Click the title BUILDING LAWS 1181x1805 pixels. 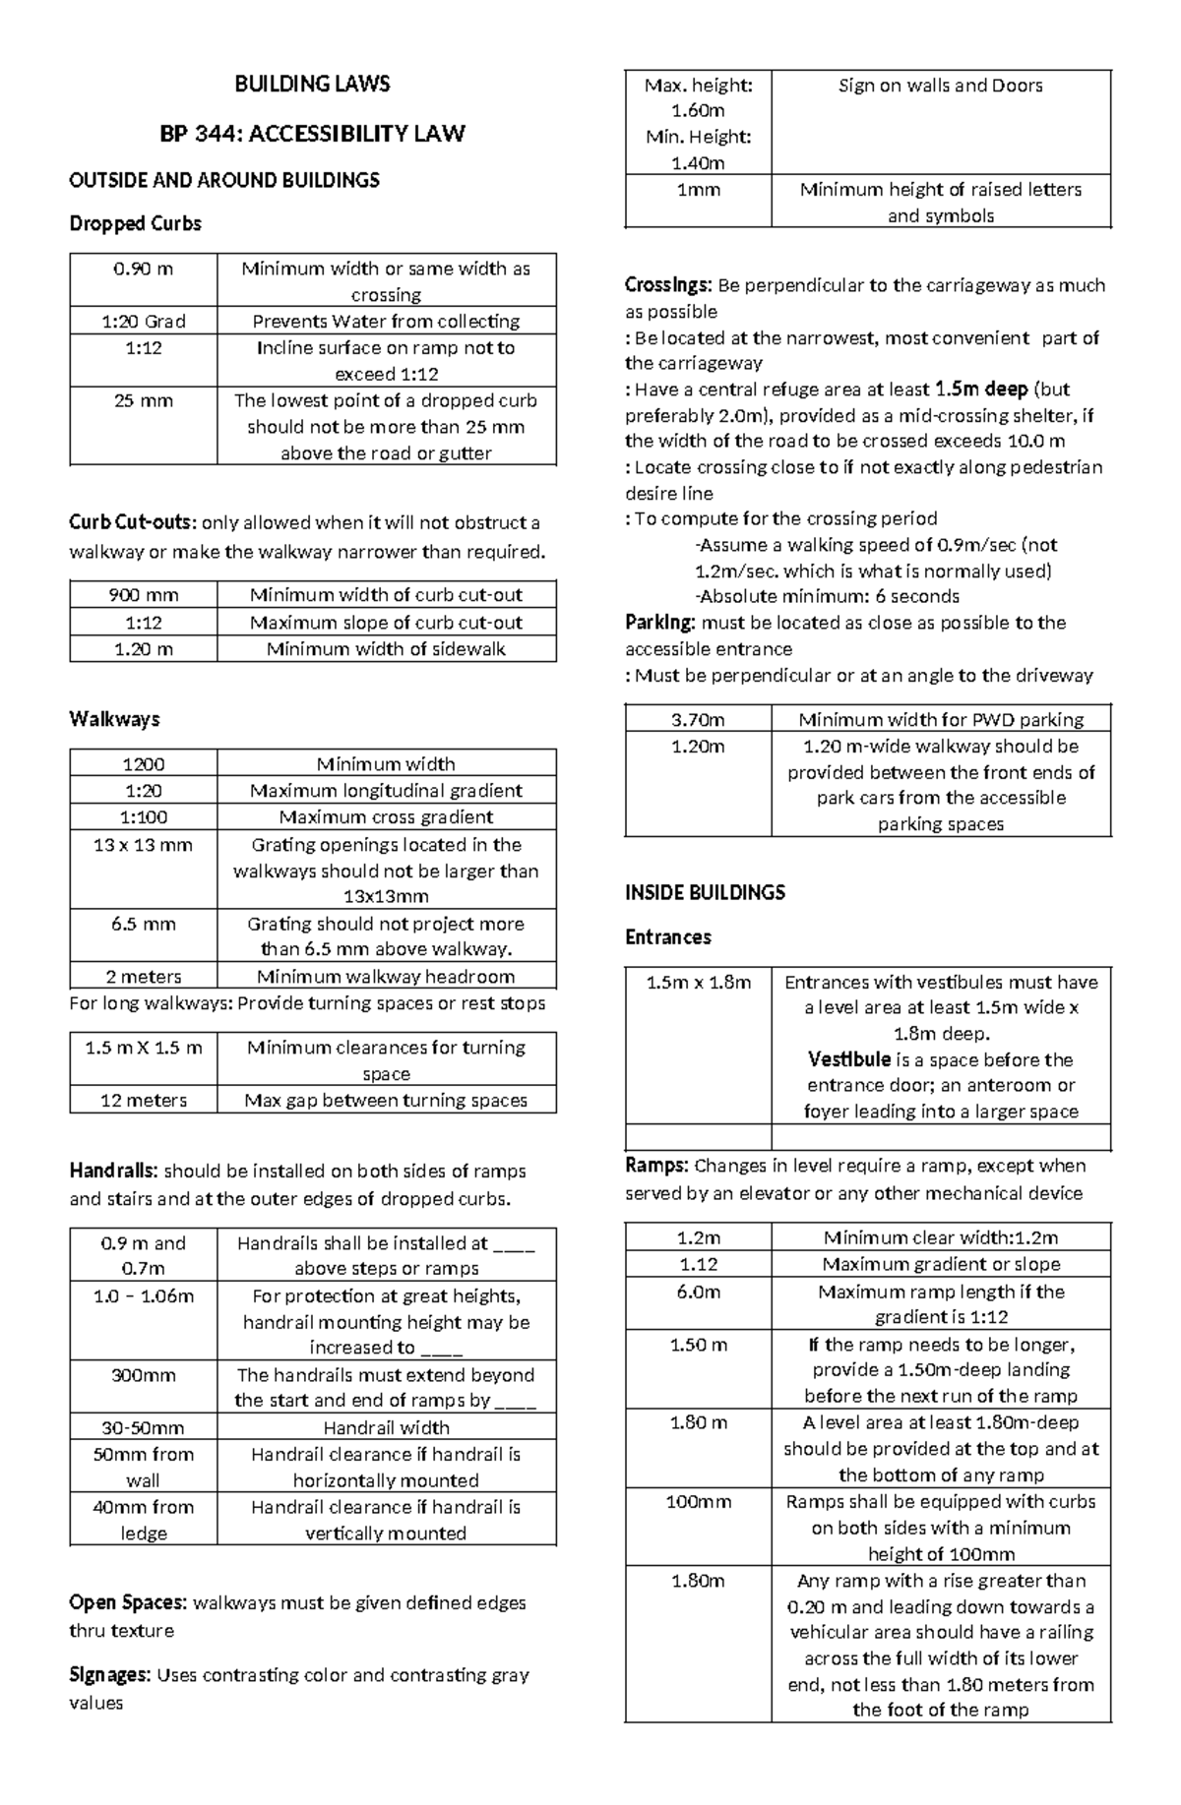(312, 84)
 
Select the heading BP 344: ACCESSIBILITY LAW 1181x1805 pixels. (312, 133)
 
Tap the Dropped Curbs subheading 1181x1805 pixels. (135, 223)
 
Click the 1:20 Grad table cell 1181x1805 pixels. (144, 321)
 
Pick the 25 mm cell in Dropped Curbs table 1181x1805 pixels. (144, 400)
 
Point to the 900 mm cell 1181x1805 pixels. (144, 594)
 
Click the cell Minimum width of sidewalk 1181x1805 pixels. (386, 648)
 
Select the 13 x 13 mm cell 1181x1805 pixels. (144, 844)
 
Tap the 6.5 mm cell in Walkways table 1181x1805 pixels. (144, 923)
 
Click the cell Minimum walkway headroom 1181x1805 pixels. (386, 976)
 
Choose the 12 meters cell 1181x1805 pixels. (144, 1100)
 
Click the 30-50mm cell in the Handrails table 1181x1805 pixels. (144, 1427)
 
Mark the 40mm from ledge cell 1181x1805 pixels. (144, 1519)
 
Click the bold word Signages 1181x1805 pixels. (109, 1674)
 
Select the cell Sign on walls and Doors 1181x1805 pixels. (940, 86)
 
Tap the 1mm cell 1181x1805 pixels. (698, 190)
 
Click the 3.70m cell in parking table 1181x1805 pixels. (698, 719)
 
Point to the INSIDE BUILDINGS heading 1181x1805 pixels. (705, 892)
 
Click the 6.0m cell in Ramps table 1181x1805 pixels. (698, 1291)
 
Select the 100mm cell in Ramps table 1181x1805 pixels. (698, 1501)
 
